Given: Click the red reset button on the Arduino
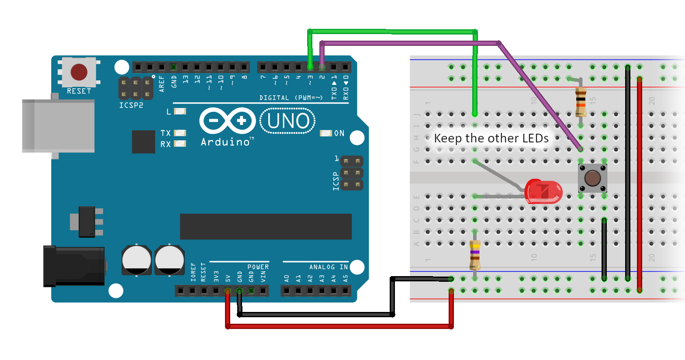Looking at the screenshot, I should point(79,72).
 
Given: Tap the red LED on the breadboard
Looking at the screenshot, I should point(543,191).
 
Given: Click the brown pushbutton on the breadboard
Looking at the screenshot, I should point(592,178).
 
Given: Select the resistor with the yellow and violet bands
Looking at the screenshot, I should point(475,255).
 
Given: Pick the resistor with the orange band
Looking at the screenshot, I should point(581,101).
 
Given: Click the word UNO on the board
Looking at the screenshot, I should point(288,121).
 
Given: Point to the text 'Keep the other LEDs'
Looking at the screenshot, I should point(491,138).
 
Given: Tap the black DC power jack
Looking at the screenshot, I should point(73,266).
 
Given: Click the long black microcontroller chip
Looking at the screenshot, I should point(266,226).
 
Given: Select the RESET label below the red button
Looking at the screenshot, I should point(79,91).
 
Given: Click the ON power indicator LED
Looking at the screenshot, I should point(326,133).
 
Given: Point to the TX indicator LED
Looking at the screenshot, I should point(180,133).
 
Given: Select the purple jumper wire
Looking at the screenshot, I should point(411,43).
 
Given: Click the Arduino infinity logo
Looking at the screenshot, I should point(227,121).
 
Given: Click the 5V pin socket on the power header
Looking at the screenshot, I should point(228,291).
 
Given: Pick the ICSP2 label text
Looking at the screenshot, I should point(131,105).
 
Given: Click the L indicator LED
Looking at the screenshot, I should point(180,111).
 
